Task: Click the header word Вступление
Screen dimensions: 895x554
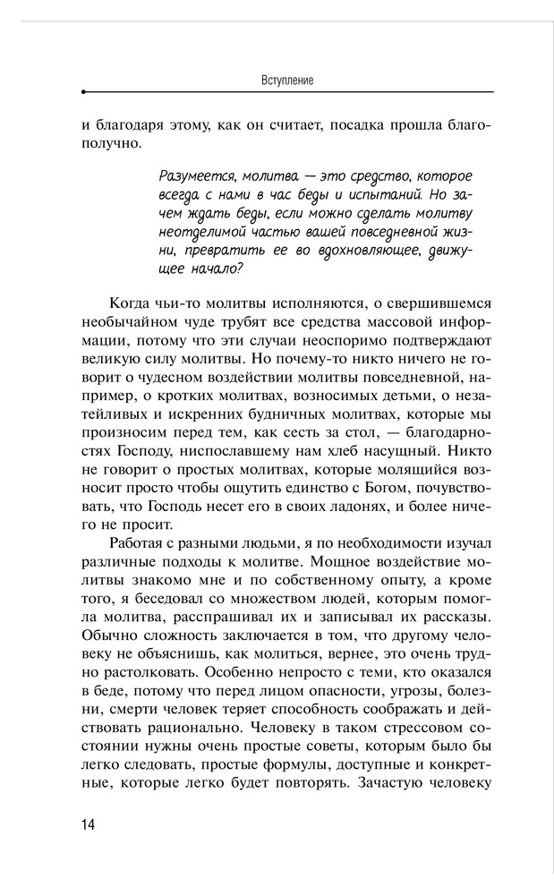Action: click(287, 80)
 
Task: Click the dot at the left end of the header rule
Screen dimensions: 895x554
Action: click(83, 92)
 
